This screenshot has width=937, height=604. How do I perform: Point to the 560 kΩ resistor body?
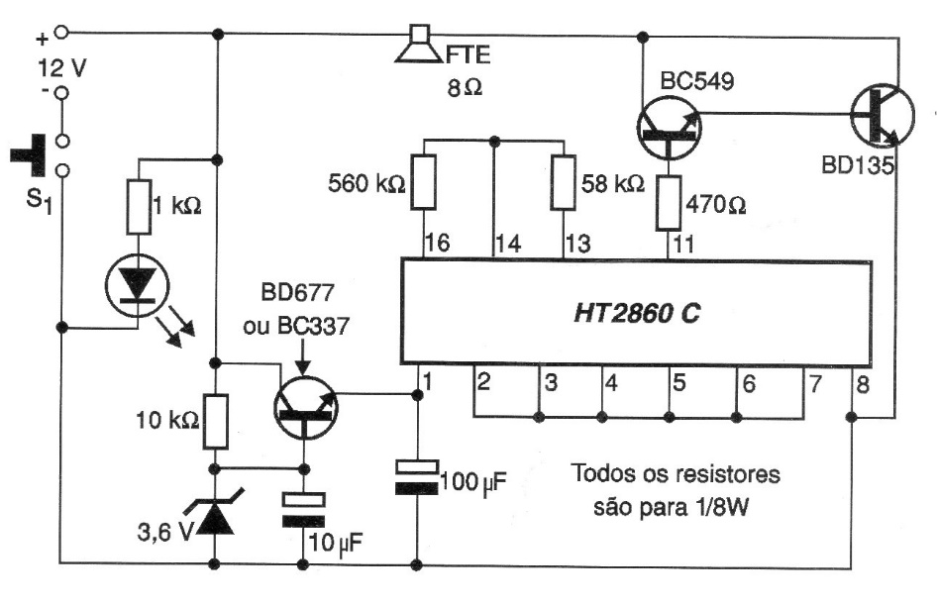click(x=424, y=182)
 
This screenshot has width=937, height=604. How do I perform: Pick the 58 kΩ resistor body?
click(x=564, y=182)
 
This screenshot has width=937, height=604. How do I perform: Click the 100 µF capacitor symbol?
click(x=416, y=476)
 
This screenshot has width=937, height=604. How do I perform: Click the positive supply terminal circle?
click(x=61, y=33)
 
